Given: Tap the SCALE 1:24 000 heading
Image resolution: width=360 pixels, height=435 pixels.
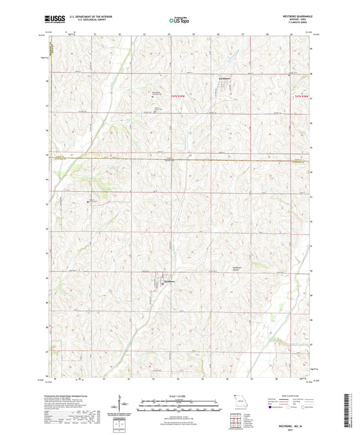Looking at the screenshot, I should point(180,395).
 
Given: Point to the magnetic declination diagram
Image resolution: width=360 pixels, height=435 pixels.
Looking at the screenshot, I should point(123,406).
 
